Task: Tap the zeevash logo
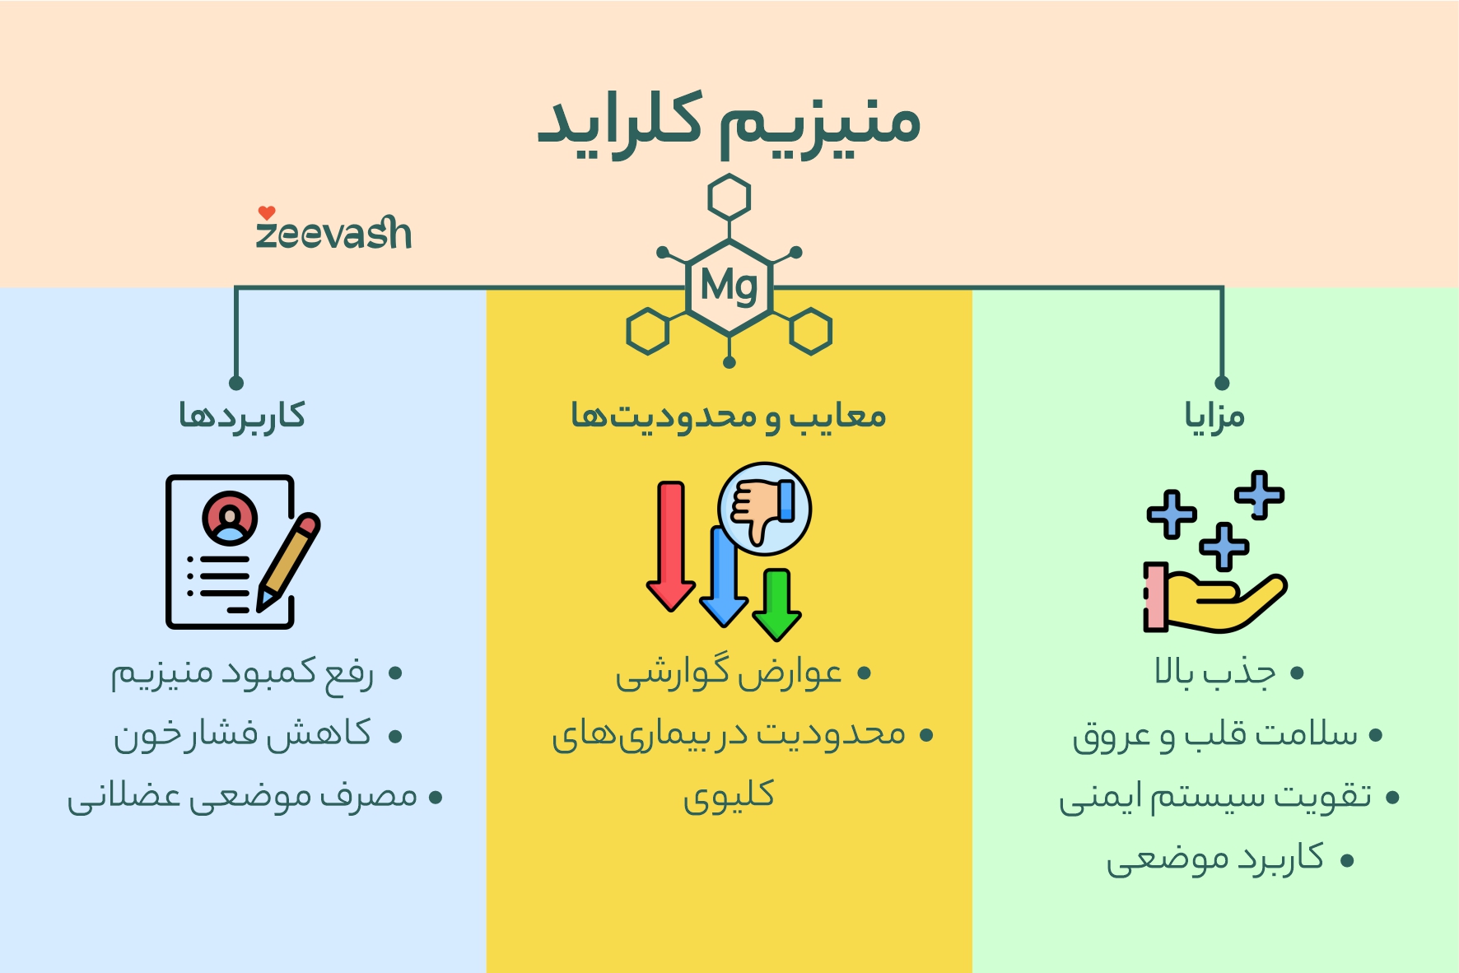(333, 230)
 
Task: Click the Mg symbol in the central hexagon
(729, 286)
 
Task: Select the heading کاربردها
(242, 415)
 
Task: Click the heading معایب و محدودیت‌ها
(729, 415)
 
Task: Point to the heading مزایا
(1214, 415)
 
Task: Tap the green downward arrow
(776, 605)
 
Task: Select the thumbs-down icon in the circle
(764, 508)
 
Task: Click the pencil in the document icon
(288, 562)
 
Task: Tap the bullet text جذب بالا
(1215, 673)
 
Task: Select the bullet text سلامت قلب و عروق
(1215, 734)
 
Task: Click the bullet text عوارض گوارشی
(729, 673)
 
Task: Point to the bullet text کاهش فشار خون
(243, 734)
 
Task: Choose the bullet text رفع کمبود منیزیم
(243, 673)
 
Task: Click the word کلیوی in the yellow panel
(729, 795)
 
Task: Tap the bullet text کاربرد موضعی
(1215, 859)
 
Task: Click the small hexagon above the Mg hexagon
(729, 198)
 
